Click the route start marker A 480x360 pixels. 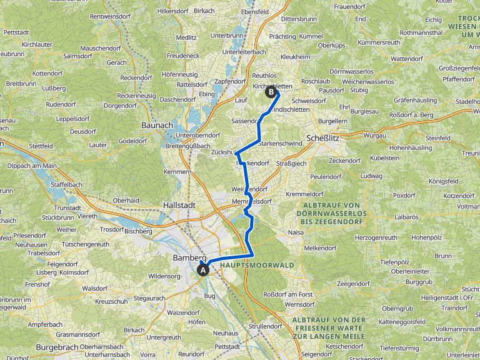click(202, 270)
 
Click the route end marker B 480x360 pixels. click(271, 92)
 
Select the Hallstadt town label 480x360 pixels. click(179, 204)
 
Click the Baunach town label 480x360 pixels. click(157, 125)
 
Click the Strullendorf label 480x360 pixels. click(265, 326)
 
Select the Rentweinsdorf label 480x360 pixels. click(113, 16)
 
